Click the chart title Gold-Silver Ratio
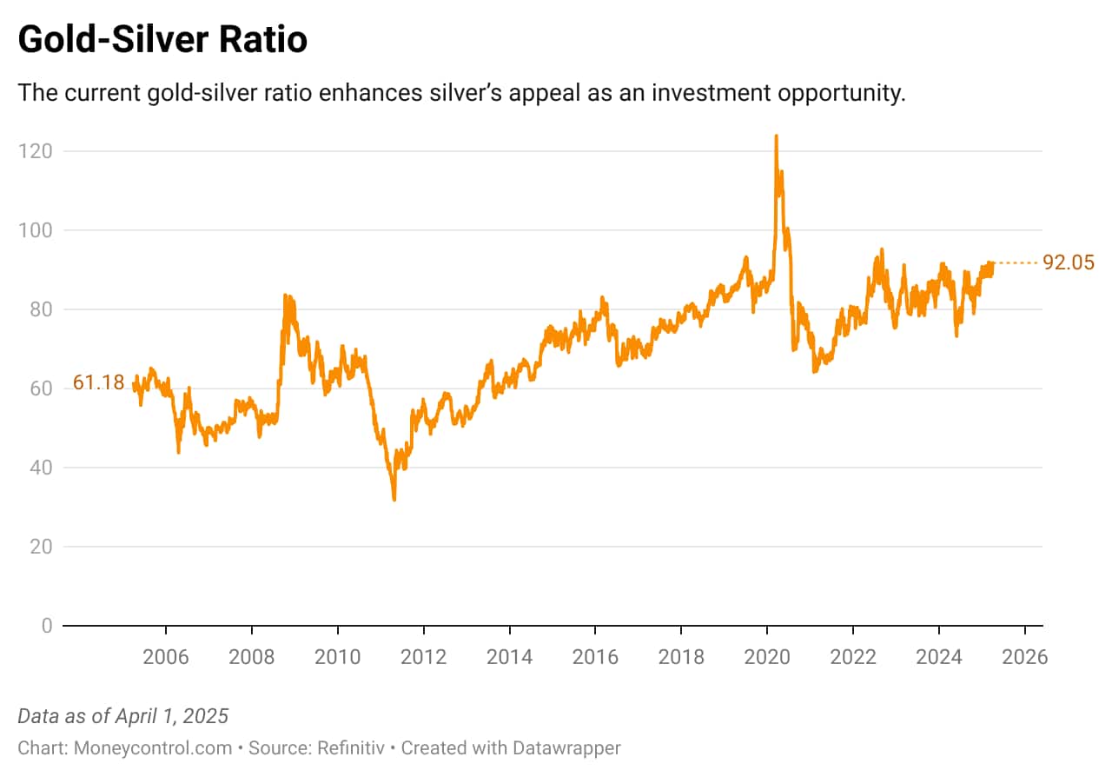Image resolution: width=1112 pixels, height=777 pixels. (162, 39)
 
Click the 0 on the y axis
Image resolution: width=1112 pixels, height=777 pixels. (45, 626)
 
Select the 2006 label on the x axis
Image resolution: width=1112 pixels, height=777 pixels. (166, 656)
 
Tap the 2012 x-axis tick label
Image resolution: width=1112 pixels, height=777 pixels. (423, 656)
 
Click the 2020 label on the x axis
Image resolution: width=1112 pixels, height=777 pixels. (767, 656)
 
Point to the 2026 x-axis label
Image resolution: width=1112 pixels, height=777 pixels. (1025, 656)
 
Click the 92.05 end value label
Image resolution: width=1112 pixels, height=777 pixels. (1069, 262)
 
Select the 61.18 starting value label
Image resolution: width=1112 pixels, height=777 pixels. (98, 382)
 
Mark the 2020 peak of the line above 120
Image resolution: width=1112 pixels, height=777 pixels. (776, 136)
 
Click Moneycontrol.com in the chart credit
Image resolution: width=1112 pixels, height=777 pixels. (153, 747)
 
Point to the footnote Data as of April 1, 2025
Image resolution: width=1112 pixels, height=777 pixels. (122, 716)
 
